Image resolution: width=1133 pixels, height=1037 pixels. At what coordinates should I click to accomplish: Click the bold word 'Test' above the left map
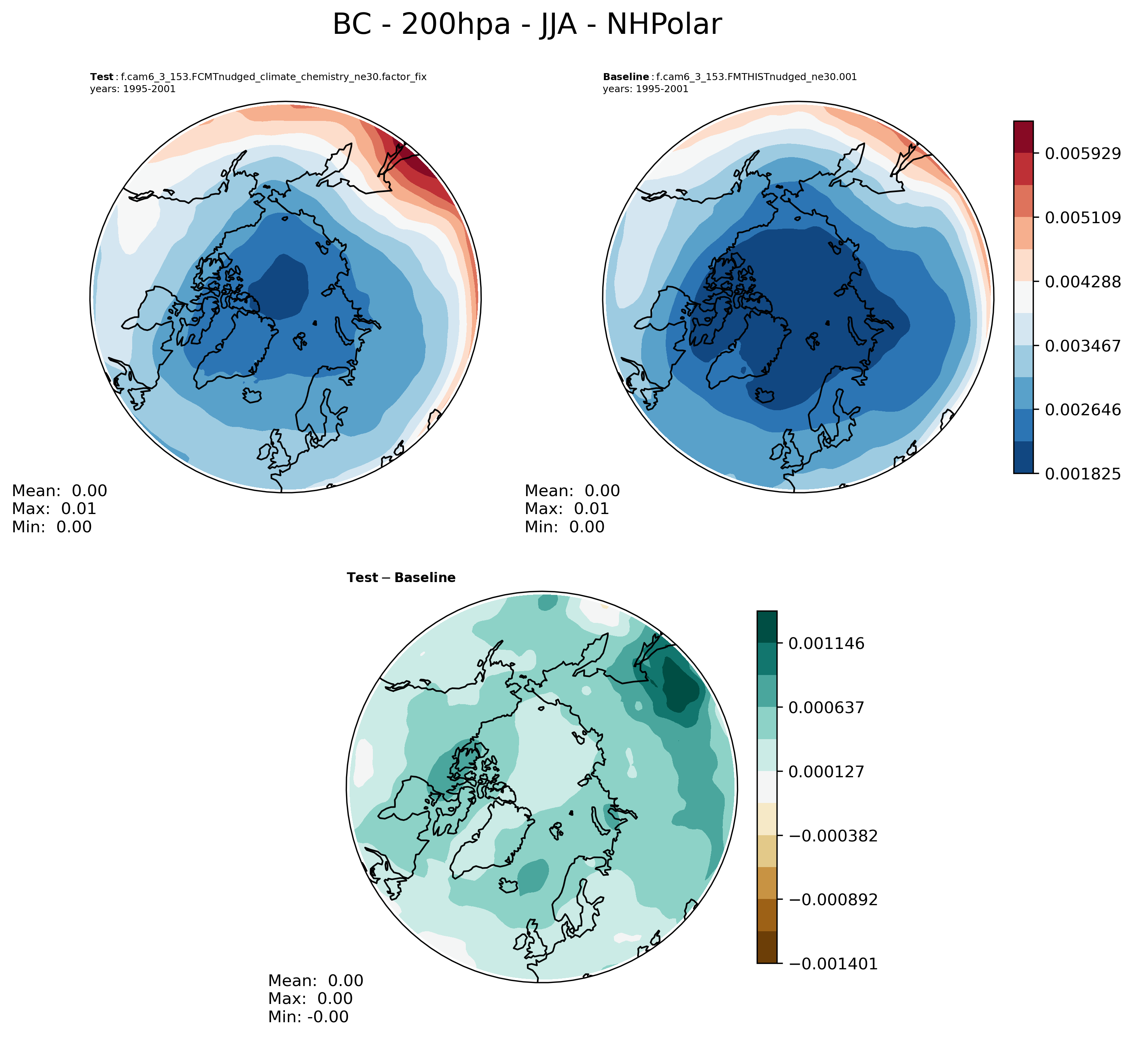pyautogui.click(x=102, y=77)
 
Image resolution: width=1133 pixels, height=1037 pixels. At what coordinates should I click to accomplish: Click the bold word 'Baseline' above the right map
pyautogui.click(x=626, y=77)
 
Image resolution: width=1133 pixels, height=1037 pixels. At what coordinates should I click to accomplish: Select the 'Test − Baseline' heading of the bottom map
pyautogui.click(x=401, y=578)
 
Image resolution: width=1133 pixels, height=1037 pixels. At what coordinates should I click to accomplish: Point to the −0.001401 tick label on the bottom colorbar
pyautogui.click(x=833, y=964)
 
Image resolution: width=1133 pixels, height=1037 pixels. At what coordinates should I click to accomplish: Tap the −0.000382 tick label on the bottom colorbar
pyautogui.click(x=833, y=836)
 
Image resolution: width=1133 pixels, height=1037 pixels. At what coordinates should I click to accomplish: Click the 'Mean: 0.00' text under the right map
pyautogui.click(x=572, y=491)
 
